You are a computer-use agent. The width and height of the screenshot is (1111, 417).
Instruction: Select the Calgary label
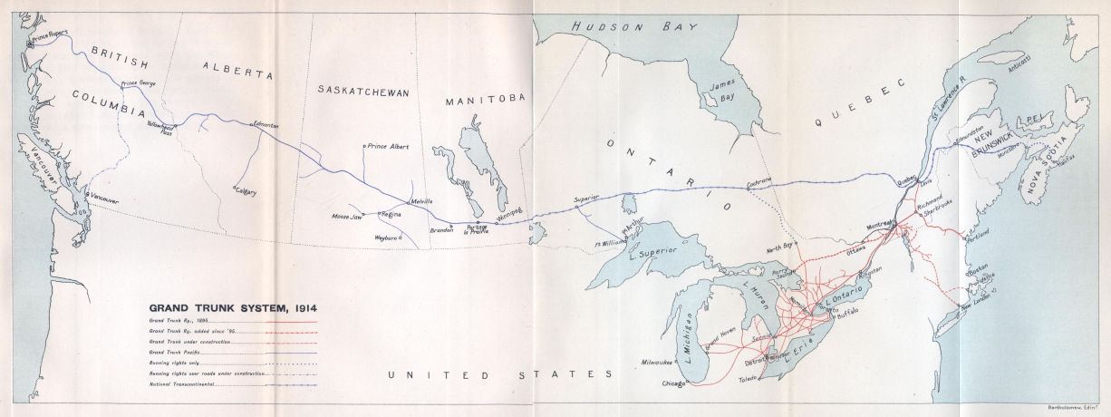click(246, 192)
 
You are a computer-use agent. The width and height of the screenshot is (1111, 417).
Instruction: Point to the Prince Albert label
click(391, 145)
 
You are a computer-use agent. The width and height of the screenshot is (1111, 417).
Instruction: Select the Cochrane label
click(758, 181)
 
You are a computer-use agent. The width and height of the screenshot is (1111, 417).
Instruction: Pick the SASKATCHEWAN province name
click(363, 92)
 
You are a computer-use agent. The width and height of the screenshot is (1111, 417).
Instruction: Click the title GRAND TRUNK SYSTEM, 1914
click(233, 307)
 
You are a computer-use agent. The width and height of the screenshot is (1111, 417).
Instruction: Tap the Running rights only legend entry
click(172, 362)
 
